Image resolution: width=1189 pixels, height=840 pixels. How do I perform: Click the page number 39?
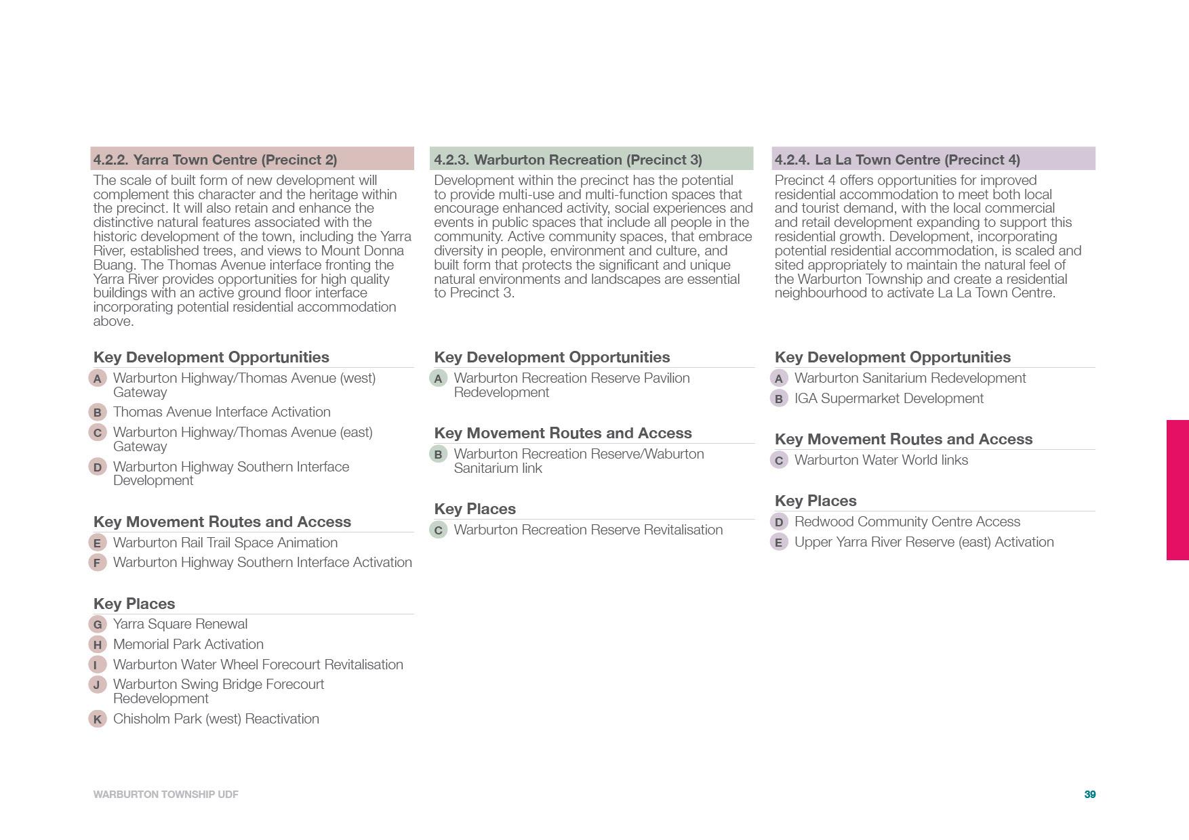[x=1089, y=794]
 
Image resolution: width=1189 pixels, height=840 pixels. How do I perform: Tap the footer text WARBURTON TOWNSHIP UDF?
[x=165, y=794]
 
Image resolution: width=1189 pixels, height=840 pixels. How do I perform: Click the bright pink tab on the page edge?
[x=1177, y=490]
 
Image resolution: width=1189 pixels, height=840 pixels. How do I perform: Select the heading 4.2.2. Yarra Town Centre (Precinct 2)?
[x=215, y=159]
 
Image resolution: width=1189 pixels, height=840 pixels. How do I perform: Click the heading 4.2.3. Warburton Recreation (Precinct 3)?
[x=567, y=159]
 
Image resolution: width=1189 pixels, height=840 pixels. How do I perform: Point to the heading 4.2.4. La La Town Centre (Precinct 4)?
[x=897, y=159]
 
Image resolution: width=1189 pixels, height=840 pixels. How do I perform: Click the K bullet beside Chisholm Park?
[x=98, y=719]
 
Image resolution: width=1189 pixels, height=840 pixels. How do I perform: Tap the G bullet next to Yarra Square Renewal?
[x=98, y=624]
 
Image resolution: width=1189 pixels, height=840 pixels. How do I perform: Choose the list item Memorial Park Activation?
[x=188, y=644]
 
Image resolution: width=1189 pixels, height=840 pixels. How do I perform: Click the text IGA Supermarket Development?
[x=889, y=398]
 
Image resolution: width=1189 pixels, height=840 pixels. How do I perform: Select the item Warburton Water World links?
[x=881, y=460]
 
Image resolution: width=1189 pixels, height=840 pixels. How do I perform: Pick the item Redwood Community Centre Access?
[x=907, y=522]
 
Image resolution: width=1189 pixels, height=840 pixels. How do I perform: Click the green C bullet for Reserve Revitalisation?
[x=439, y=530]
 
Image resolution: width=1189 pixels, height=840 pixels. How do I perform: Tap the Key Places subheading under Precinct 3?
[x=475, y=509]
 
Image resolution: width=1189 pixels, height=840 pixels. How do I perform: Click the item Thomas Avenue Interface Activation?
[x=222, y=412]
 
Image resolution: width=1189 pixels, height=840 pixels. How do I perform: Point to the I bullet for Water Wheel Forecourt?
[x=98, y=665]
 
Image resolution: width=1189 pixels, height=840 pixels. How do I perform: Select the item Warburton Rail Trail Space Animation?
[x=225, y=543]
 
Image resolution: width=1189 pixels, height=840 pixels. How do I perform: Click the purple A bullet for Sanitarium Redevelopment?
[x=779, y=378]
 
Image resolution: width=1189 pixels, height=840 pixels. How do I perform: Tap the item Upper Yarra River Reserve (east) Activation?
[x=924, y=542]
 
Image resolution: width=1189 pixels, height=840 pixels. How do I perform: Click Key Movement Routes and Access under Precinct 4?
[x=903, y=439]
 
